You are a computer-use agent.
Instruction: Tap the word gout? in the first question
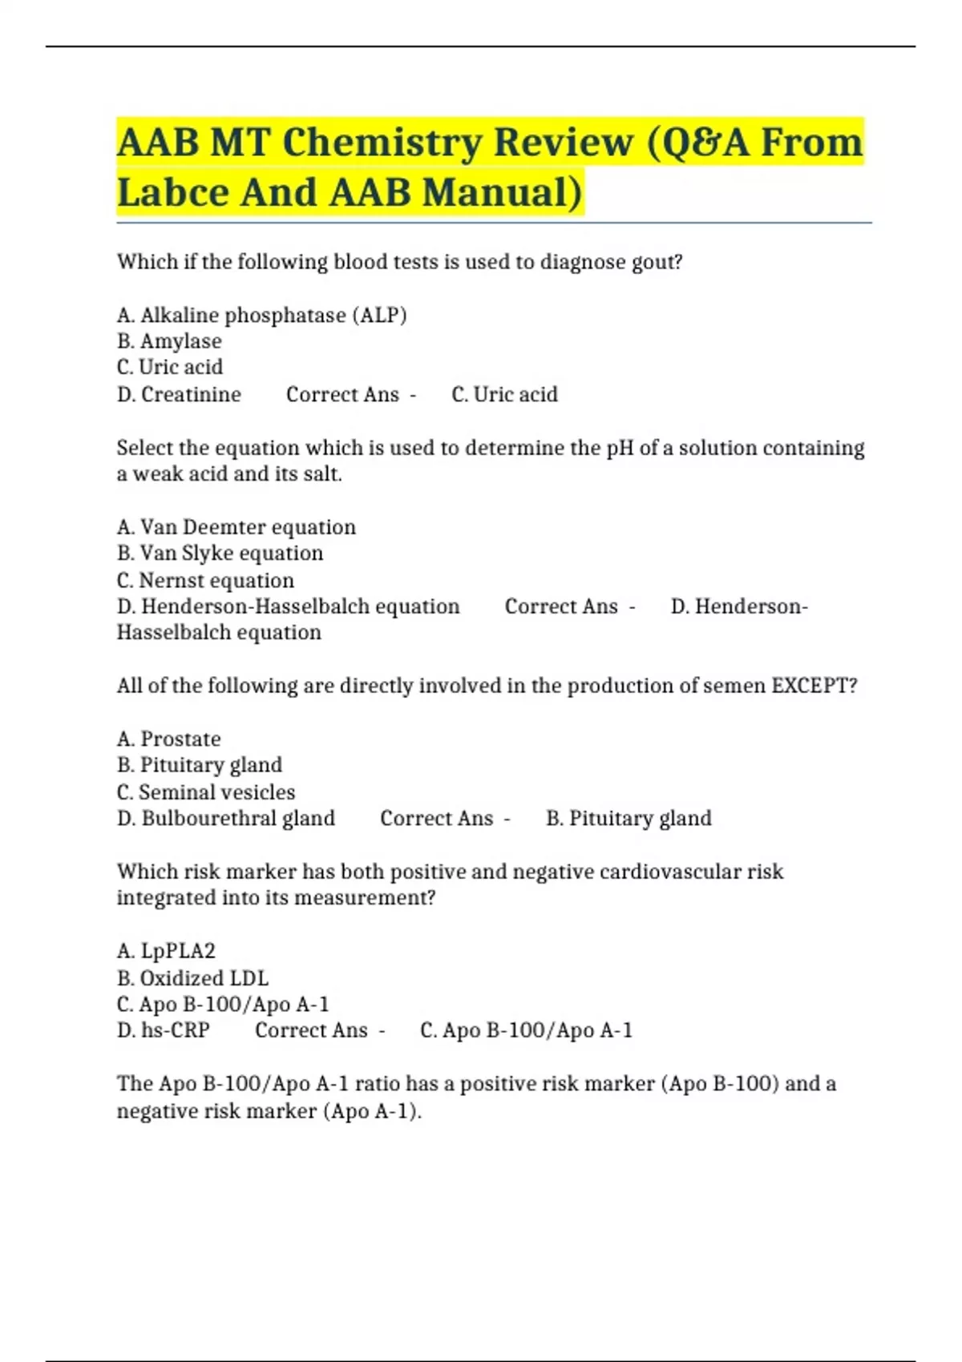[x=657, y=263]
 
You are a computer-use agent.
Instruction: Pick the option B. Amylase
[x=169, y=341]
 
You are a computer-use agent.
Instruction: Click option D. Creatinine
[x=179, y=394]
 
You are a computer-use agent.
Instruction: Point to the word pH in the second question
[x=620, y=448]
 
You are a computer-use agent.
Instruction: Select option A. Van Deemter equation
[x=236, y=527]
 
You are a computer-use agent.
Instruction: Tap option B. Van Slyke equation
[x=220, y=554]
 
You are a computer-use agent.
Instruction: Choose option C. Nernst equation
[x=205, y=580]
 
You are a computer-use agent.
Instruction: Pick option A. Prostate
[x=168, y=739]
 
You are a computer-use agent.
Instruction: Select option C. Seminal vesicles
[x=206, y=792]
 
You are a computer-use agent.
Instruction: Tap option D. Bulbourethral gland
[x=226, y=819]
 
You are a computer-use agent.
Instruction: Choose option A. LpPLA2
[x=166, y=951]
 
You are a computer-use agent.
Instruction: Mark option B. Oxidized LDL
[x=192, y=978]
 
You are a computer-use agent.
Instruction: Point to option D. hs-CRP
[x=164, y=1030]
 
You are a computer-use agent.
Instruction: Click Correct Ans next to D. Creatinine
[x=342, y=394]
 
